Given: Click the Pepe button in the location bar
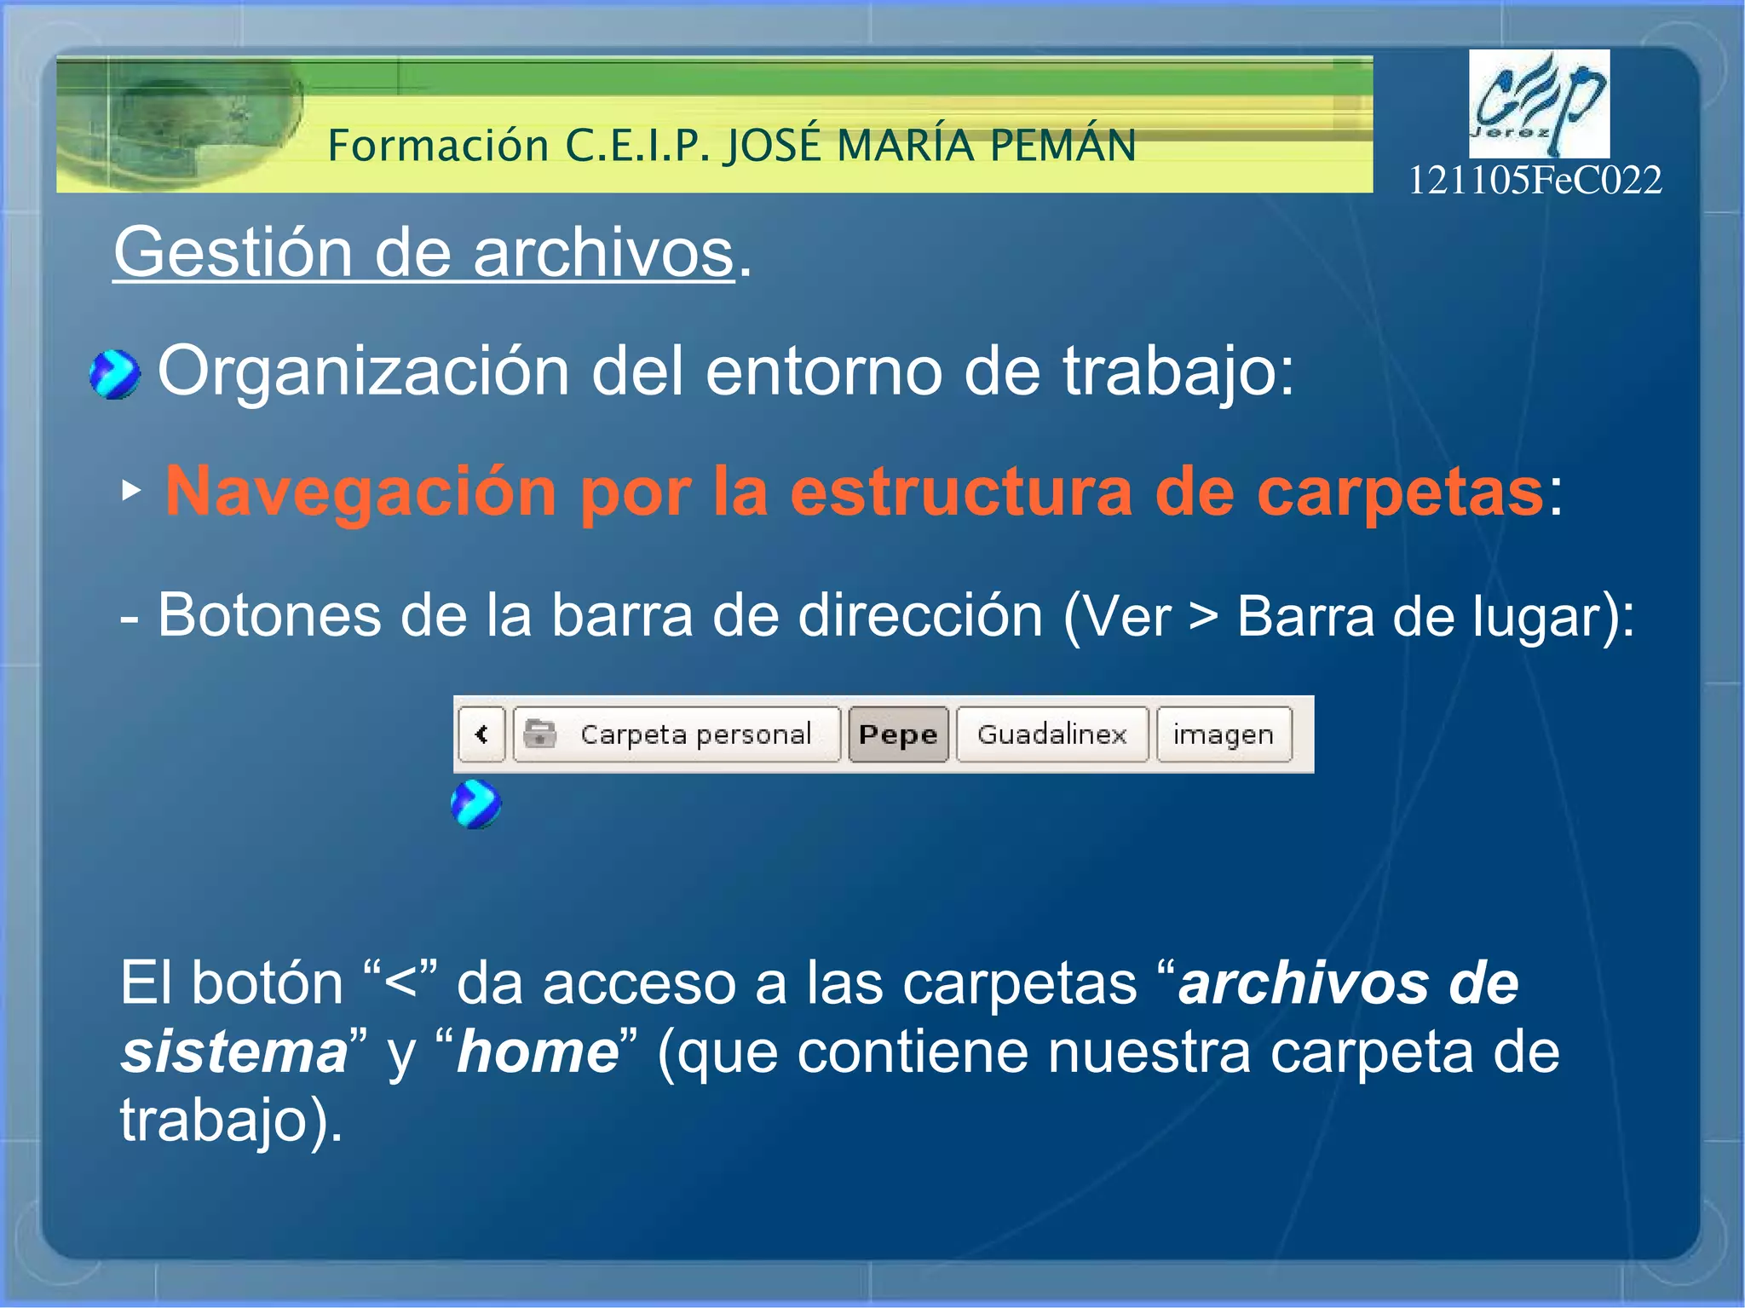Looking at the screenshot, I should point(898,734).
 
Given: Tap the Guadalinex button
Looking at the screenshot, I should point(1051,734).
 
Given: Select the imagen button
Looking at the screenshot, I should point(1223,734).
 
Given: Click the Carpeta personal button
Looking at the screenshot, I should point(677,734).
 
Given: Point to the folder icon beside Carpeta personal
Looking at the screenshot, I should point(539,733).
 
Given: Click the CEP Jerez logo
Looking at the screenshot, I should point(1538,103).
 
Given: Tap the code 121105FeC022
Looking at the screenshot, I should point(1534,181).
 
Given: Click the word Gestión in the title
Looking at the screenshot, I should point(233,253).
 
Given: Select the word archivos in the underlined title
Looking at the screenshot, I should point(603,253).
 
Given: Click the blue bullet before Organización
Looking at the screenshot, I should point(114,374).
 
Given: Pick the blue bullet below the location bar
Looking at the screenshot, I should point(475,804).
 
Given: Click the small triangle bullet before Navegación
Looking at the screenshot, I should point(130,490).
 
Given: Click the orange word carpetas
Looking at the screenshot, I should point(1400,492).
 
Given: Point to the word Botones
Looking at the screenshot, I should point(269,615).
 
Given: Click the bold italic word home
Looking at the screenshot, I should point(538,1052).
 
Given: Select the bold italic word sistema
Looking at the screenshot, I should point(234,1052).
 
